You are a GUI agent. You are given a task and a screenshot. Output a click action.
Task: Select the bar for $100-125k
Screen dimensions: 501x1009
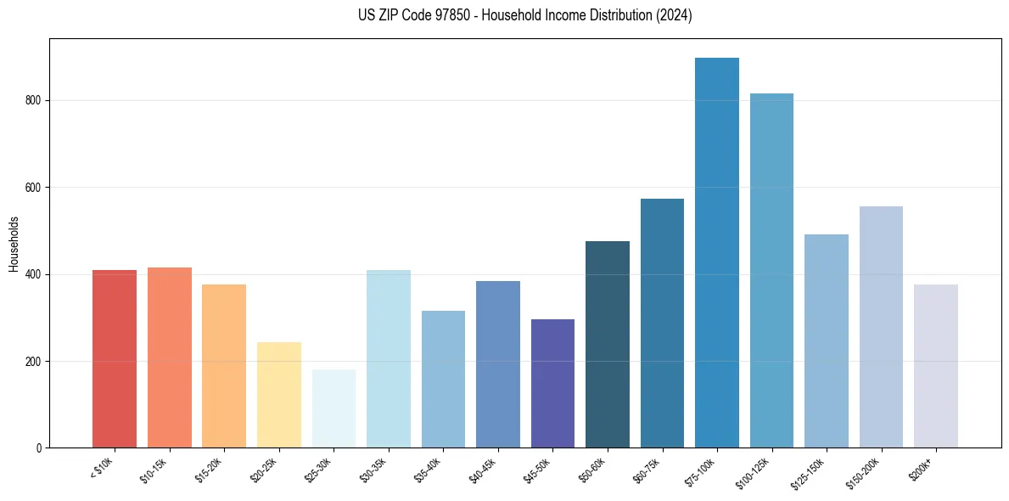[771, 271]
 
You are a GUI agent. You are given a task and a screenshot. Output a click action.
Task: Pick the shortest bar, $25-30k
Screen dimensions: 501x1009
[334, 408]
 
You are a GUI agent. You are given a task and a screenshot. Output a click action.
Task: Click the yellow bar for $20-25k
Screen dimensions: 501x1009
[279, 395]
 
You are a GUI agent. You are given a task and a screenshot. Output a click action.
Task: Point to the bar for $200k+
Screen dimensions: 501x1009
[936, 366]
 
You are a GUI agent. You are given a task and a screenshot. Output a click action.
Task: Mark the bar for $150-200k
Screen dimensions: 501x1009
[881, 327]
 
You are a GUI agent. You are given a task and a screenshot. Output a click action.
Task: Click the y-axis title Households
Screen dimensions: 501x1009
[14, 244]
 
